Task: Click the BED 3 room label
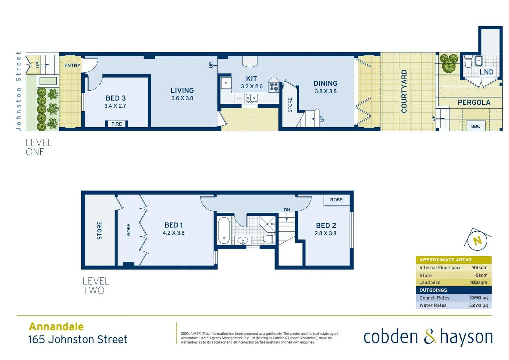click(116, 98)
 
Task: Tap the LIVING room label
click(182, 90)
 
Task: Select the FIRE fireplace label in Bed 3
click(117, 124)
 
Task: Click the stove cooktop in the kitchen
click(274, 87)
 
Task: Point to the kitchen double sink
click(252, 98)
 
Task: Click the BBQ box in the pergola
click(476, 126)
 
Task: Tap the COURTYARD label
click(404, 91)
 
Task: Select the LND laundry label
click(486, 72)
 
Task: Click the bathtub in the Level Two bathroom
click(224, 230)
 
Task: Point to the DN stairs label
click(287, 210)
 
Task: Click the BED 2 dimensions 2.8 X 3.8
click(325, 233)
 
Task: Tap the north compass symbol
click(478, 240)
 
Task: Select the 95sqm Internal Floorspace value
click(480, 268)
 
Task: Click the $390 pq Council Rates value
click(478, 298)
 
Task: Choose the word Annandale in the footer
click(56, 326)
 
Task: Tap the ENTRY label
click(72, 66)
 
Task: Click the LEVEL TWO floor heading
click(96, 286)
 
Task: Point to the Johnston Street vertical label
click(19, 91)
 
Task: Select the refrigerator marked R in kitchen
click(226, 83)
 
